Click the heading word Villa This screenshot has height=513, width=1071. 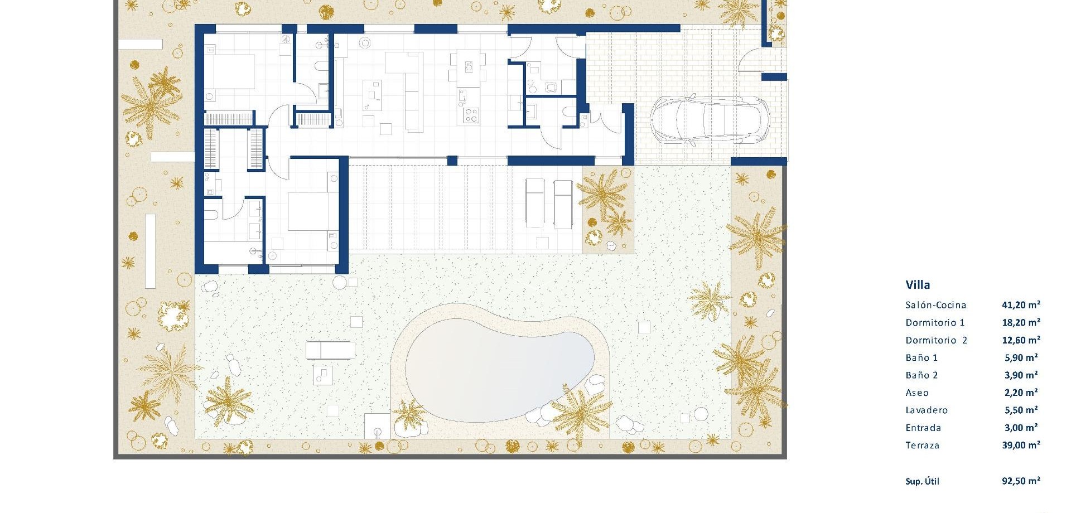[x=918, y=285]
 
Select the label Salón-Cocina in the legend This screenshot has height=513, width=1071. [x=935, y=305]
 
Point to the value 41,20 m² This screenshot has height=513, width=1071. [x=1021, y=305]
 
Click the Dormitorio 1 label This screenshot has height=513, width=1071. [x=935, y=322]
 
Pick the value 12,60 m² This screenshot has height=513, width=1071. [x=1021, y=340]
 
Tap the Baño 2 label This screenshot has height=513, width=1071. [x=922, y=375]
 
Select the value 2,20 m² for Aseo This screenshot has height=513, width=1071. [x=1021, y=393]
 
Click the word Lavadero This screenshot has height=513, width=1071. [x=927, y=410]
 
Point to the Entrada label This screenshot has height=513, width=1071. [x=923, y=428]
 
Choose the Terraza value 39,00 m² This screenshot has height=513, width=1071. [x=1021, y=445]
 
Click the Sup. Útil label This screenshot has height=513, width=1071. [x=922, y=481]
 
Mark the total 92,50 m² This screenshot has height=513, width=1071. [x=1021, y=481]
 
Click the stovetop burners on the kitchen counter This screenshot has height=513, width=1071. [x=470, y=115]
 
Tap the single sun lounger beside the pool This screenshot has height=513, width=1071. [x=330, y=350]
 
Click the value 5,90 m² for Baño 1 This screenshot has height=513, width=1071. [x=1021, y=357]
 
